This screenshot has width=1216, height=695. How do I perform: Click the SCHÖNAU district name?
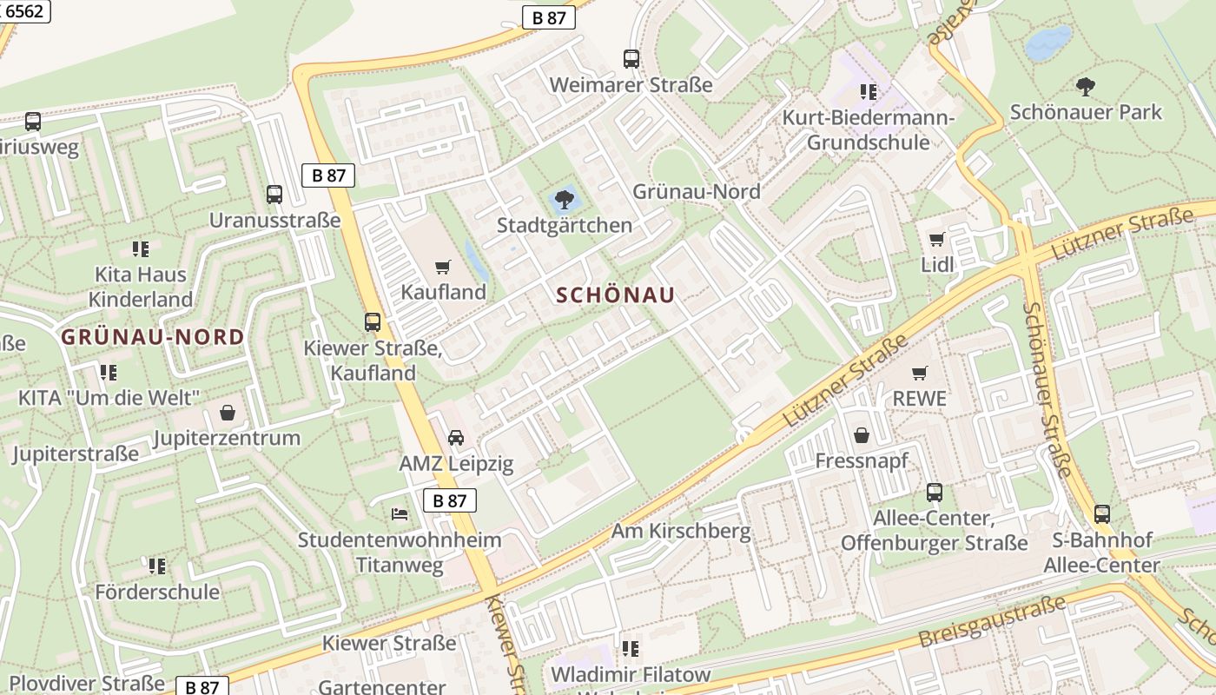615,295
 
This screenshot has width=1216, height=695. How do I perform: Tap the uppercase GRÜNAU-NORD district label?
153,337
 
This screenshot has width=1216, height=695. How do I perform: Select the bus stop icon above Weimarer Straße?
631,59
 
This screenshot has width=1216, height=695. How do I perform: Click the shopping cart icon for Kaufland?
443,267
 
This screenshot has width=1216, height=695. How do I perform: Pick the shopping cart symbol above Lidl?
936,239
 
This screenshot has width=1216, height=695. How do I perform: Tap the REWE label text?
920,399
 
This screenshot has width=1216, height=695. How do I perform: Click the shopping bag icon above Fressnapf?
862,434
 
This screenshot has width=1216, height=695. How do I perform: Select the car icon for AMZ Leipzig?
456,438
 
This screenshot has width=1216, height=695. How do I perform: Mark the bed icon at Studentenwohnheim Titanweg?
400,514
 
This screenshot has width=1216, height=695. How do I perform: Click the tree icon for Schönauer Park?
1085,86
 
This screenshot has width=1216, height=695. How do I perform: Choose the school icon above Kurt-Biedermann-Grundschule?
868,91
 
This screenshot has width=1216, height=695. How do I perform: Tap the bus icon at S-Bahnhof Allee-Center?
1101,514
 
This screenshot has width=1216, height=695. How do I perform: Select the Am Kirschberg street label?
681,531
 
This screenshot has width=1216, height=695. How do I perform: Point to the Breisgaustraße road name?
992,624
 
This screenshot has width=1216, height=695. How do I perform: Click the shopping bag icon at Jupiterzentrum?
228,412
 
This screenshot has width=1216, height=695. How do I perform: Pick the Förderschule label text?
157,592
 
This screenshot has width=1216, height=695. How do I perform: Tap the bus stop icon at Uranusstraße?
274,195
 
